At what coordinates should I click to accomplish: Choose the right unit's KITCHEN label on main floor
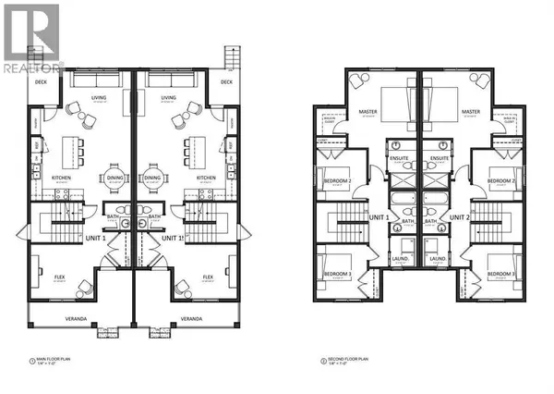click(x=207, y=177)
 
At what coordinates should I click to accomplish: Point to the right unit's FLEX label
click(x=208, y=276)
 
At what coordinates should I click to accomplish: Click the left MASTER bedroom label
click(x=367, y=113)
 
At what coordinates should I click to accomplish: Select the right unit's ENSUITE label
click(x=440, y=158)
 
